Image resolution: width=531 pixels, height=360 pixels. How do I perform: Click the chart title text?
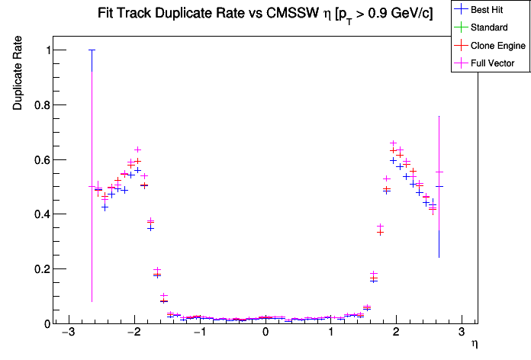point(265,14)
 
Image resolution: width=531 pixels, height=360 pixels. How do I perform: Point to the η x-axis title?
point(474,344)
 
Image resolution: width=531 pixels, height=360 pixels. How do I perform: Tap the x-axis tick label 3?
point(462,334)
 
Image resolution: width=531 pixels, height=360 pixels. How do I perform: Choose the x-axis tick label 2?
point(396,334)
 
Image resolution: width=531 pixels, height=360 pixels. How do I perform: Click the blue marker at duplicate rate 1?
point(92,50)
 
